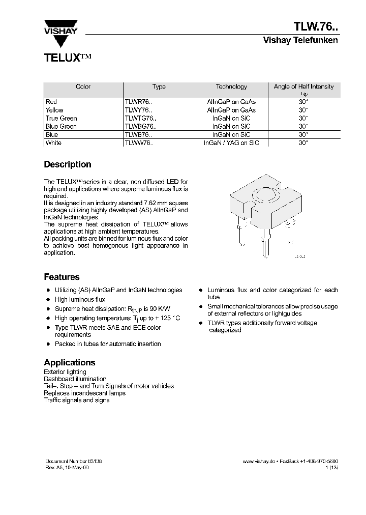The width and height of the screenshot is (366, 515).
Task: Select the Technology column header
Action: (x=231, y=87)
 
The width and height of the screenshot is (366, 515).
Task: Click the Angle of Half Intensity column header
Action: (x=303, y=87)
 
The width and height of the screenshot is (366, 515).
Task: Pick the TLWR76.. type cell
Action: (x=138, y=102)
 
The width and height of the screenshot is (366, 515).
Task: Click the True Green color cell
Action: (x=61, y=118)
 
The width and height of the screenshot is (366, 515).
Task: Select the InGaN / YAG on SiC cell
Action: (x=231, y=143)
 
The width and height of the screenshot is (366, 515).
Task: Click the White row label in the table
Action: (x=53, y=143)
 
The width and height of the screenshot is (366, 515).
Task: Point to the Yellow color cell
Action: (x=54, y=110)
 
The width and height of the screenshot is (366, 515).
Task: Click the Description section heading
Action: (x=68, y=164)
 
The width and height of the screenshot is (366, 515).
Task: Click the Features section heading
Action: (x=62, y=277)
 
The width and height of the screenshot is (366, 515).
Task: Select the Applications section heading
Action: (x=70, y=362)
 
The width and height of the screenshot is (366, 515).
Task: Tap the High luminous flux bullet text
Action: (x=80, y=300)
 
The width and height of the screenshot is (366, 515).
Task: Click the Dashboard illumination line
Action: (x=75, y=379)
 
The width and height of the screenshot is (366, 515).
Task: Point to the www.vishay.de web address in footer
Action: (x=259, y=461)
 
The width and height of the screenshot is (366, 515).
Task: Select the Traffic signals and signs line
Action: (x=76, y=400)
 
